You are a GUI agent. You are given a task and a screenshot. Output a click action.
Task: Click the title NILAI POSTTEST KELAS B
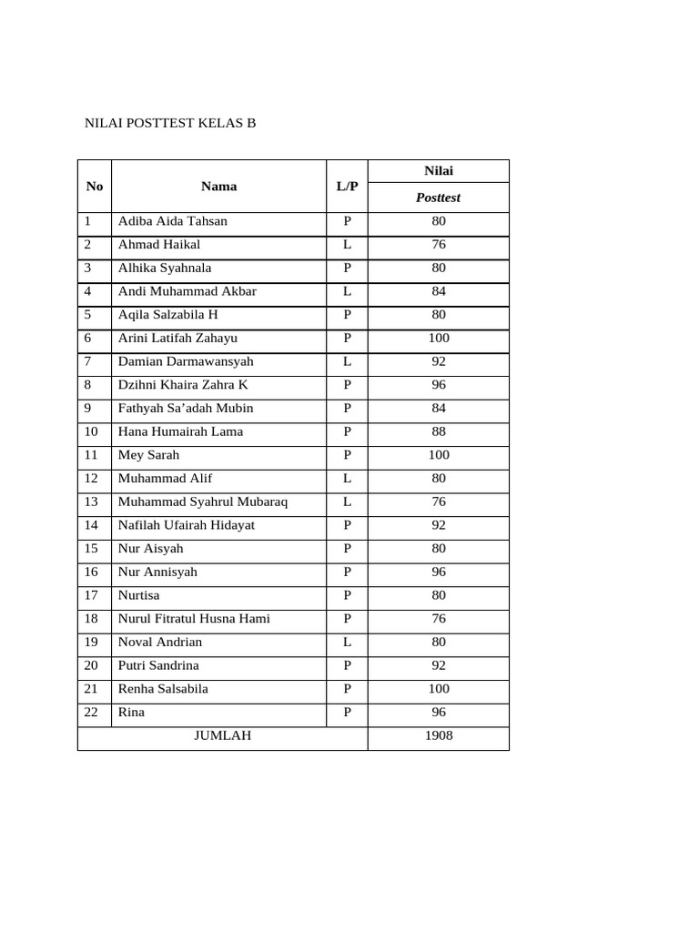tap(170, 122)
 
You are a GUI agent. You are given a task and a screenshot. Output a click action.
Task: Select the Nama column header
tap(218, 187)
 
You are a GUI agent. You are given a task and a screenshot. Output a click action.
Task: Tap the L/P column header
tap(347, 187)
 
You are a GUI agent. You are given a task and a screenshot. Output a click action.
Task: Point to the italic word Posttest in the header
tap(438, 198)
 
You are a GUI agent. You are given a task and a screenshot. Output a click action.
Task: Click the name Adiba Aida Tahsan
tap(173, 221)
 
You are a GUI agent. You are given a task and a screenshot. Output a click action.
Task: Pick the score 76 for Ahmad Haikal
tap(439, 245)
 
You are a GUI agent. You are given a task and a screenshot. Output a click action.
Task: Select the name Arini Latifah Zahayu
tap(177, 338)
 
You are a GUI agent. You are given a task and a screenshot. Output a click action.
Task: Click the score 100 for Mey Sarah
tap(439, 455)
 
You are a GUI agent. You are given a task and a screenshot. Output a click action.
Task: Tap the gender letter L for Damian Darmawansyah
tap(347, 361)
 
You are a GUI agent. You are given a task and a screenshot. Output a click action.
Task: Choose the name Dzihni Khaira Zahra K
tap(183, 385)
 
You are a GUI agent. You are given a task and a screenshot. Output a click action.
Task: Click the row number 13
tap(90, 501)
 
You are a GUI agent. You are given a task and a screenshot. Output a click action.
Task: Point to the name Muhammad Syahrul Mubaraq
tap(203, 501)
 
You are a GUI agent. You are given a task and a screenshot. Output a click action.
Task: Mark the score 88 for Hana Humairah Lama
tap(439, 431)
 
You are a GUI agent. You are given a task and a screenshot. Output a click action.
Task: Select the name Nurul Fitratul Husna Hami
tap(194, 619)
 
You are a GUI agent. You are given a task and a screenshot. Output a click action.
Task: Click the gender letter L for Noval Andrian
tap(347, 642)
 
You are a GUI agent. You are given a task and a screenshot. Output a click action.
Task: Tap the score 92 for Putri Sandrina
tap(439, 665)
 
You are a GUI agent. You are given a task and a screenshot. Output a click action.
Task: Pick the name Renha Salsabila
tap(163, 689)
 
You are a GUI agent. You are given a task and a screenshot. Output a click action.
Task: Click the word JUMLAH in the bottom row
tap(223, 735)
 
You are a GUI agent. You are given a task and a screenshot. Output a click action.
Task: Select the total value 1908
tap(439, 735)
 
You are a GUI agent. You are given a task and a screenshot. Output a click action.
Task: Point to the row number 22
tap(90, 713)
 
